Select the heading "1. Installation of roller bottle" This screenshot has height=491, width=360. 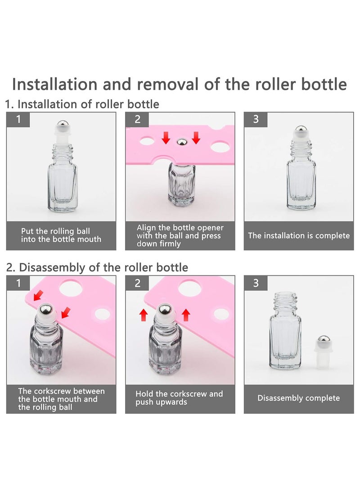pyautogui.click(x=82, y=104)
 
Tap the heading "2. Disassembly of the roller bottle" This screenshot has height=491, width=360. pyautogui.click(x=97, y=267)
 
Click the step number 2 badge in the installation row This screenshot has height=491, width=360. pyautogui.click(x=138, y=119)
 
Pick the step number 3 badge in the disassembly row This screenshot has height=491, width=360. pyautogui.click(x=256, y=283)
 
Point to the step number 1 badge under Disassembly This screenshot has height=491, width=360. pyautogui.click(x=18, y=283)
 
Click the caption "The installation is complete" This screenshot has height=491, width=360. pyautogui.click(x=299, y=236)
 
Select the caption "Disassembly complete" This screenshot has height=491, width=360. pyautogui.click(x=298, y=398)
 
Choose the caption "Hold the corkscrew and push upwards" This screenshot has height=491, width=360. pyautogui.click(x=179, y=398)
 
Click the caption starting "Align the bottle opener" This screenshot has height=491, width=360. pyautogui.click(x=180, y=235)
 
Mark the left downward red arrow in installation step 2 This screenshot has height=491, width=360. pyautogui.click(x=166, y=138)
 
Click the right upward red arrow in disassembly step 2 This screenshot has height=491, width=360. pyautogui.click(x=185, y=314)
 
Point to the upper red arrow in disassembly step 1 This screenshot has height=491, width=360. pyautogui.click(x=40, y=295)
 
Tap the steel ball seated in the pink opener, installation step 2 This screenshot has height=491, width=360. pyautogui.click(x=180, y=142)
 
